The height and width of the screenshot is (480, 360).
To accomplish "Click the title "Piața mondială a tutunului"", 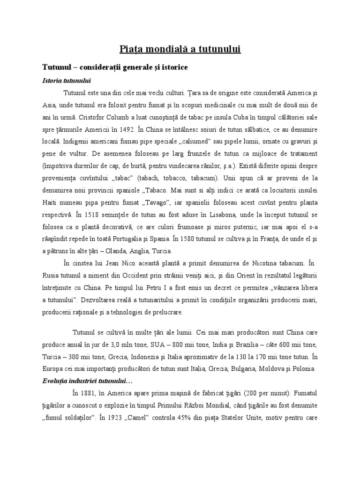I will (180, 49).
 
